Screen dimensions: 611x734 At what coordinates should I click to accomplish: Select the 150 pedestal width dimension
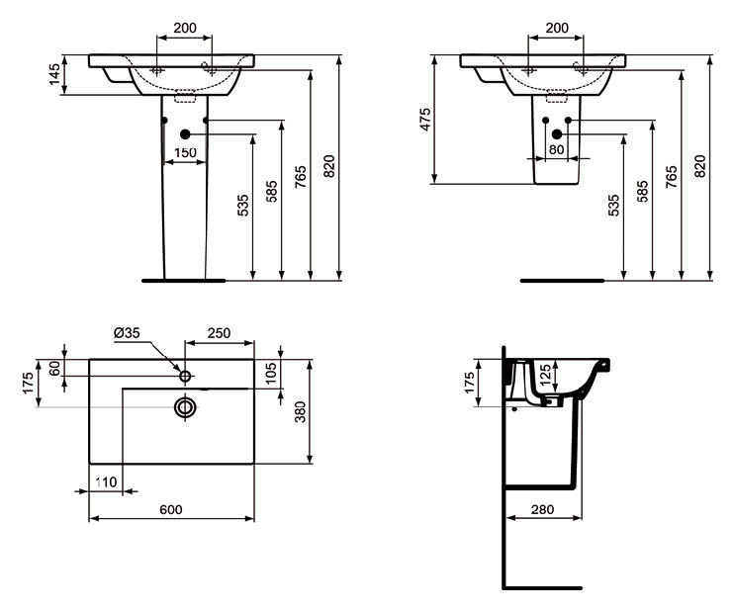(184, 151)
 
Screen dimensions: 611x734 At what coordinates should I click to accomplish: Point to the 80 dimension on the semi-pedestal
(556, 150)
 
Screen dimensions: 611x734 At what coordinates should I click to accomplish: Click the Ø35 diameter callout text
(126, 333)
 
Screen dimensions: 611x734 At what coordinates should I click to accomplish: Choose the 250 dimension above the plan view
(219, 333)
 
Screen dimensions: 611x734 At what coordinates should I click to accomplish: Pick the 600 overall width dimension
(171, 509)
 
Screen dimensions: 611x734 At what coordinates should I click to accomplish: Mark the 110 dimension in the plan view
(107, 481)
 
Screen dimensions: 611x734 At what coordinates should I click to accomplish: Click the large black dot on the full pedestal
(185, 133)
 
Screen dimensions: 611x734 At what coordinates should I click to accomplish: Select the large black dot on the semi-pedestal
(556, 133)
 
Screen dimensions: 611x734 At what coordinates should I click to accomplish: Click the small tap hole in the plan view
(185, 376)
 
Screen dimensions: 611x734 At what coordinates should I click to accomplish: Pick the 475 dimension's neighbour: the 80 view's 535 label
(614, 205)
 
